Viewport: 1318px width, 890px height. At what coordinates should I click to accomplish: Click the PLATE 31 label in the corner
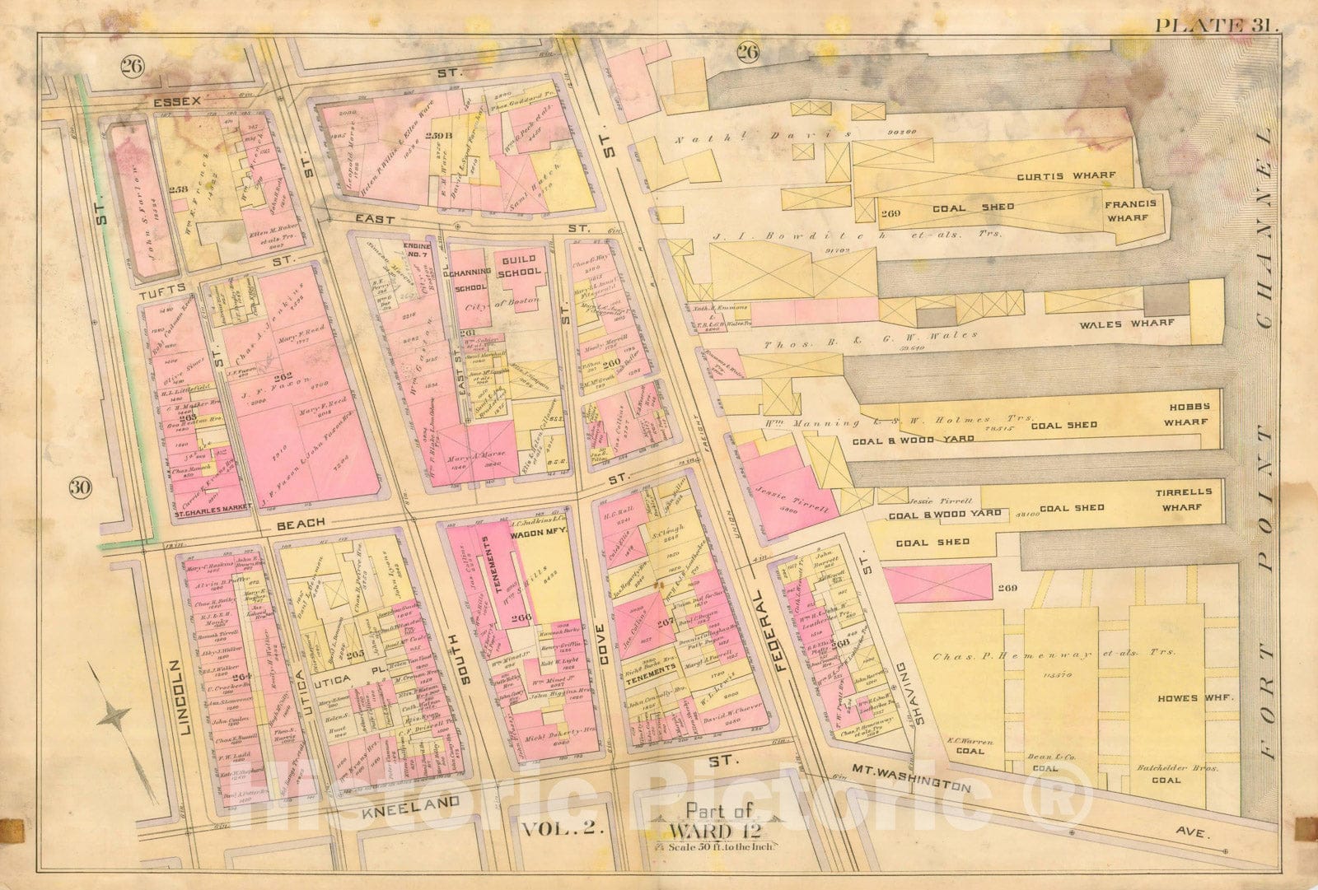tap(1216, 24)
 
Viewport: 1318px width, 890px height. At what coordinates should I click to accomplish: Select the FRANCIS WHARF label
tap(1130, 211)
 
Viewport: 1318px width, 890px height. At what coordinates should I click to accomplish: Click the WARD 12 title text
tap(710, 828)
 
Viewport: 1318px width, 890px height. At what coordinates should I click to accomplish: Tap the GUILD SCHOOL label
tap(520, 265)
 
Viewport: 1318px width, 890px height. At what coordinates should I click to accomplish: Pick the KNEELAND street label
tap(409, 803)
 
